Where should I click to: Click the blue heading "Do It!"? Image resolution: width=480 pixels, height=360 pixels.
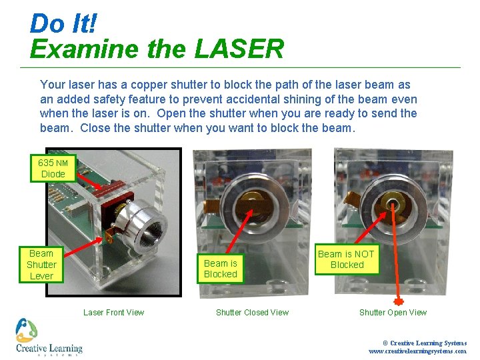click(x=63, y=23)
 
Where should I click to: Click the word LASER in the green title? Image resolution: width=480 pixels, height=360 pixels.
click(x=239, y=49)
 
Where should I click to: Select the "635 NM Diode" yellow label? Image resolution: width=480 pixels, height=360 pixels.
click(x=53, y=169)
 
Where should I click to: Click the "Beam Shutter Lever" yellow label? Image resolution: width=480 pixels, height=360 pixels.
click(x=41, y=265)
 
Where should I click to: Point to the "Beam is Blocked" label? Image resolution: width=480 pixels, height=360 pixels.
click(x=221, y=269)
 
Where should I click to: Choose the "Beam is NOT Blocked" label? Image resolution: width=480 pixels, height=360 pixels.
click(x=347, y=259)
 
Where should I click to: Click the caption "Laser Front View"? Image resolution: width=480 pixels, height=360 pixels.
click(x=113, y=313)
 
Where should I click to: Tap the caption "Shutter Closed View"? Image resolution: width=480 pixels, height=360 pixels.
click(x=252, y=313)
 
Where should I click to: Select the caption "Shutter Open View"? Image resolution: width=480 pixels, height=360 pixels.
click(x=393, y=313)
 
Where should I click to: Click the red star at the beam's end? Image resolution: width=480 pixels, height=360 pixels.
click(x=398, y=301)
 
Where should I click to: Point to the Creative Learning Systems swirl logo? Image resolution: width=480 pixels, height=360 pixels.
click(x=27, y=330)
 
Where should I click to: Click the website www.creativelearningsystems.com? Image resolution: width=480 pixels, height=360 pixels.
click(x=418, y=351)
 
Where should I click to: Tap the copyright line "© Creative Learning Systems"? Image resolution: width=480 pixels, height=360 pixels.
click(x=425, y=343)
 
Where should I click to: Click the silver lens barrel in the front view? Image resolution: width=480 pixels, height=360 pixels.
click(x=142, y=225)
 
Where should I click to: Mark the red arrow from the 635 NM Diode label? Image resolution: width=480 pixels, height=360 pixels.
click(x=89, y=181)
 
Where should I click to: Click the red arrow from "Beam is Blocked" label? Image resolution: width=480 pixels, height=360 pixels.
click(x=240, y=232)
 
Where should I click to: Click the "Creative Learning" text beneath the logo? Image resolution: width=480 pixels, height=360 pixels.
click(x=49, y=349)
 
